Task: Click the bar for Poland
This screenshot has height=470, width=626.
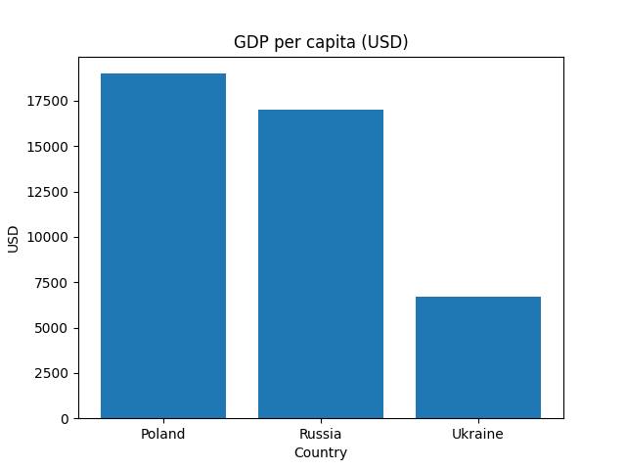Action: [163, 246]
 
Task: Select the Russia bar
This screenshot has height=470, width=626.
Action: [321, 264]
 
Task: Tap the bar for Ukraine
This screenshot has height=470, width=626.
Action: [478, 357]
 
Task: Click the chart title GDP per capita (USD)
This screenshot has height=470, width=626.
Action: [321, 42]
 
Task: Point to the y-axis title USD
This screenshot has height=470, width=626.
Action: [14, 238]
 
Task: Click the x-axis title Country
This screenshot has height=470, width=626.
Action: [321, 452]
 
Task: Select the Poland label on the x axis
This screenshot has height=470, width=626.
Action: [163, 434]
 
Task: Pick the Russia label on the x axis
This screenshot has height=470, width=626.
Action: [321, 434]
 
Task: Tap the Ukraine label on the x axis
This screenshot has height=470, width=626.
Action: [478, 434]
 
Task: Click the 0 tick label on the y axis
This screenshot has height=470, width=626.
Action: [65, 418]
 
